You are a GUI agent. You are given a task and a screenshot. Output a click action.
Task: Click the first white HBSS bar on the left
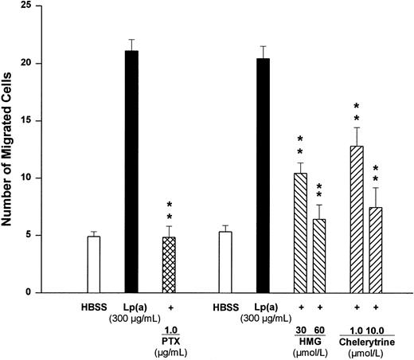coord(94,264)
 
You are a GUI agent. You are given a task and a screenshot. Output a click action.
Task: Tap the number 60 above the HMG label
coord(318,330)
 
